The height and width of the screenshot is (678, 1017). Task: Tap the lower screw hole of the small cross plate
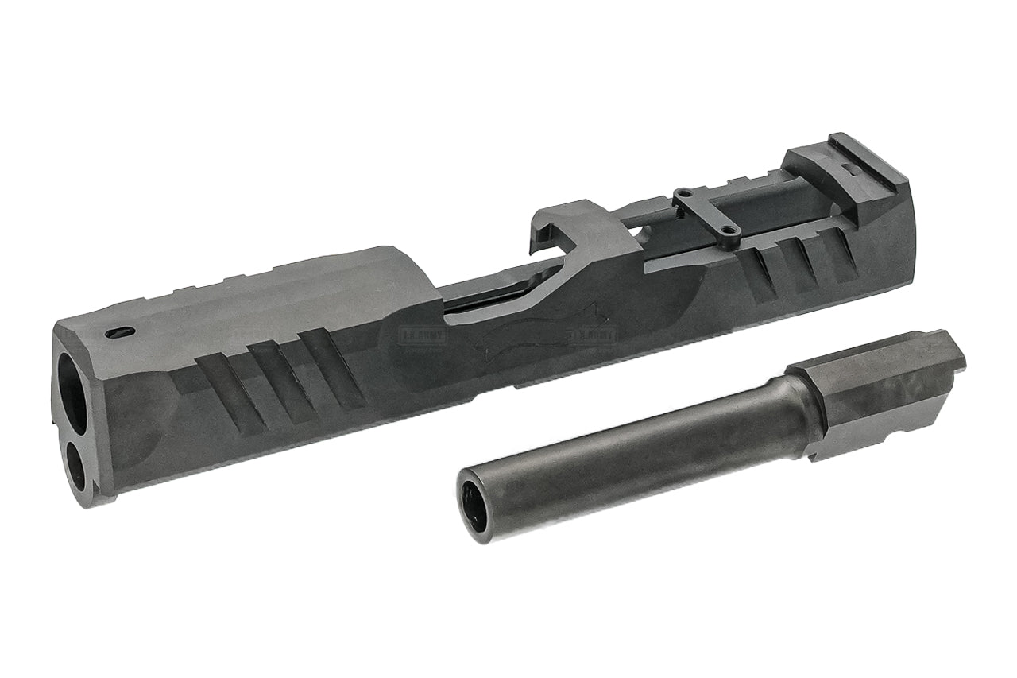tap(733, 233)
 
